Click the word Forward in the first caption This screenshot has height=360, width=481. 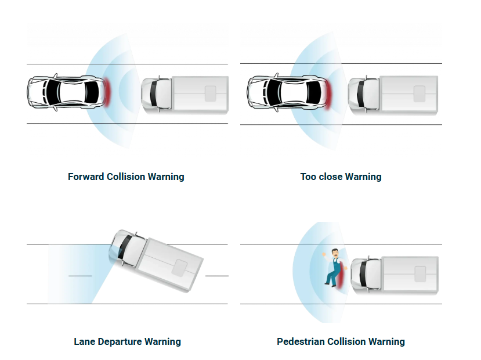pos(86,177)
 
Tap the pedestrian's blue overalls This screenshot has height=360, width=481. pos(334,271)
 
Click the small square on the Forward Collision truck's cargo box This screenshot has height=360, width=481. pos(210,93)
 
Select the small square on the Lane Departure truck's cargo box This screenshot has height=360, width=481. pos(180,268)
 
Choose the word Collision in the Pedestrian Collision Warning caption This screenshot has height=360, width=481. pos(348,341)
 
